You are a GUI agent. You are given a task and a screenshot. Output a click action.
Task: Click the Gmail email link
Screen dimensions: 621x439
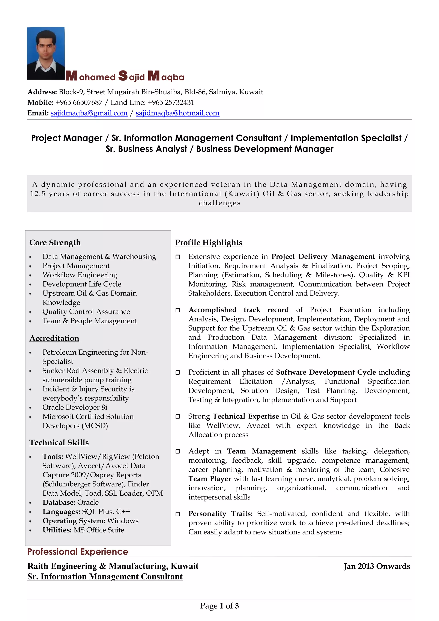[x=89, y=113]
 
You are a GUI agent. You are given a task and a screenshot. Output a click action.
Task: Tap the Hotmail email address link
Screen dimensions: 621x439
[x=177, y=113]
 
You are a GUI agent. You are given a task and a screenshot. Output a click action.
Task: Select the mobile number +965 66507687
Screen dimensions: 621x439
[x=79, y=102]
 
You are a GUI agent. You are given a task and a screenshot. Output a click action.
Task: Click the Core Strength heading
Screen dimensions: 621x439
[x=55, y=243]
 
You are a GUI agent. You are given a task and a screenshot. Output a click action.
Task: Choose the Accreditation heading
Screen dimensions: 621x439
[x=54, y=338]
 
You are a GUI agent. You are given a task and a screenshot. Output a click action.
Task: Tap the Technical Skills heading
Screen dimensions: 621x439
[x=59, y=442]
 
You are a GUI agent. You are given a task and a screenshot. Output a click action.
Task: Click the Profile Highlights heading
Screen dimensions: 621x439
[x=209, y=243]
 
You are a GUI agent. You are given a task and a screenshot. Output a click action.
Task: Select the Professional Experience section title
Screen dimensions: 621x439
[x=78, y=552]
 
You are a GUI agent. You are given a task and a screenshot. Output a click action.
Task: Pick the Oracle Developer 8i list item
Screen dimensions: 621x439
[x=75, y=407]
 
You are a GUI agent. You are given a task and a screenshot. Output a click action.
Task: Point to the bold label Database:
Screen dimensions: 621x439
[x=59, y=502]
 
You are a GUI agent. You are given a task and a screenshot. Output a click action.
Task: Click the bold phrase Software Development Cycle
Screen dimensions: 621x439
[x=326, y=372]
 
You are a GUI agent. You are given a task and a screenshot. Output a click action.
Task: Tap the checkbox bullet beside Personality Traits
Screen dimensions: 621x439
[x=178, y=514]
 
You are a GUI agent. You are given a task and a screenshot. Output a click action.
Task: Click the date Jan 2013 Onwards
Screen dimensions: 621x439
[x=377, y=566]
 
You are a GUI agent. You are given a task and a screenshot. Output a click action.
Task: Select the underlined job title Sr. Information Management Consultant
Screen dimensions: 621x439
[x=105, y=577]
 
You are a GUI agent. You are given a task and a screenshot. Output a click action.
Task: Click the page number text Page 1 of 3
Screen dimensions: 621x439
[x=219, y=606]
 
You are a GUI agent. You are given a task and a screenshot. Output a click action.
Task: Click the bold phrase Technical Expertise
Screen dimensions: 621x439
[x=246, y=416]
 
